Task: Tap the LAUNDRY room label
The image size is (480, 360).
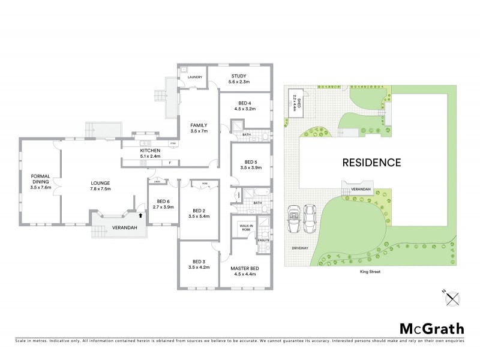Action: [194, 77]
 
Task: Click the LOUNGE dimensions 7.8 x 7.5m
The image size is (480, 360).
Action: [99, 189]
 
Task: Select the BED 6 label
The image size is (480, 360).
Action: [164, 202]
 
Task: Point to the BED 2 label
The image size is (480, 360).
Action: [199, 210]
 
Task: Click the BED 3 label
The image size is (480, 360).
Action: [199, 261]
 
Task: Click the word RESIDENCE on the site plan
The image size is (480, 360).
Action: [371, 162]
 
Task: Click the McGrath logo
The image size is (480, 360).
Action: [431, 328]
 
